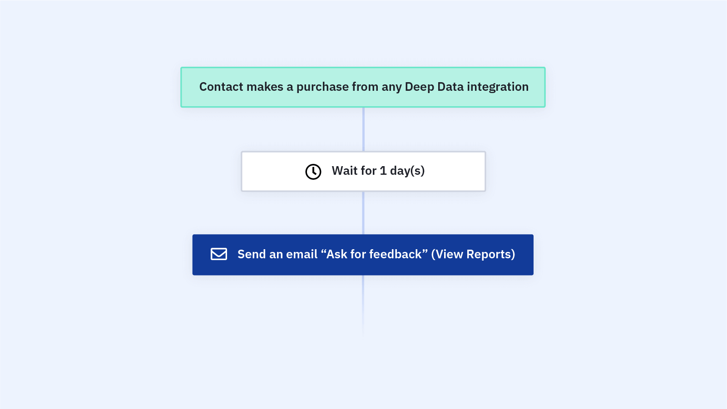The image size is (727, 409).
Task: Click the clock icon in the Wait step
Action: coord(313,172)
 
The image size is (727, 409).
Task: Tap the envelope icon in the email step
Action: coord(219,254)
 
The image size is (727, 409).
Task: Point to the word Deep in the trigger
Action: coord(419,87)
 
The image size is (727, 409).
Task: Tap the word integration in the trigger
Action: coord(498,87)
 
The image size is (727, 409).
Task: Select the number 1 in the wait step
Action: coord(383,171)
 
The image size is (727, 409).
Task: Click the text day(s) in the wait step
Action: coord(407,171)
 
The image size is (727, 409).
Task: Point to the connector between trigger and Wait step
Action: coord(363,129)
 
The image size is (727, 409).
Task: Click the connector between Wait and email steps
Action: coord(363,213)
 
